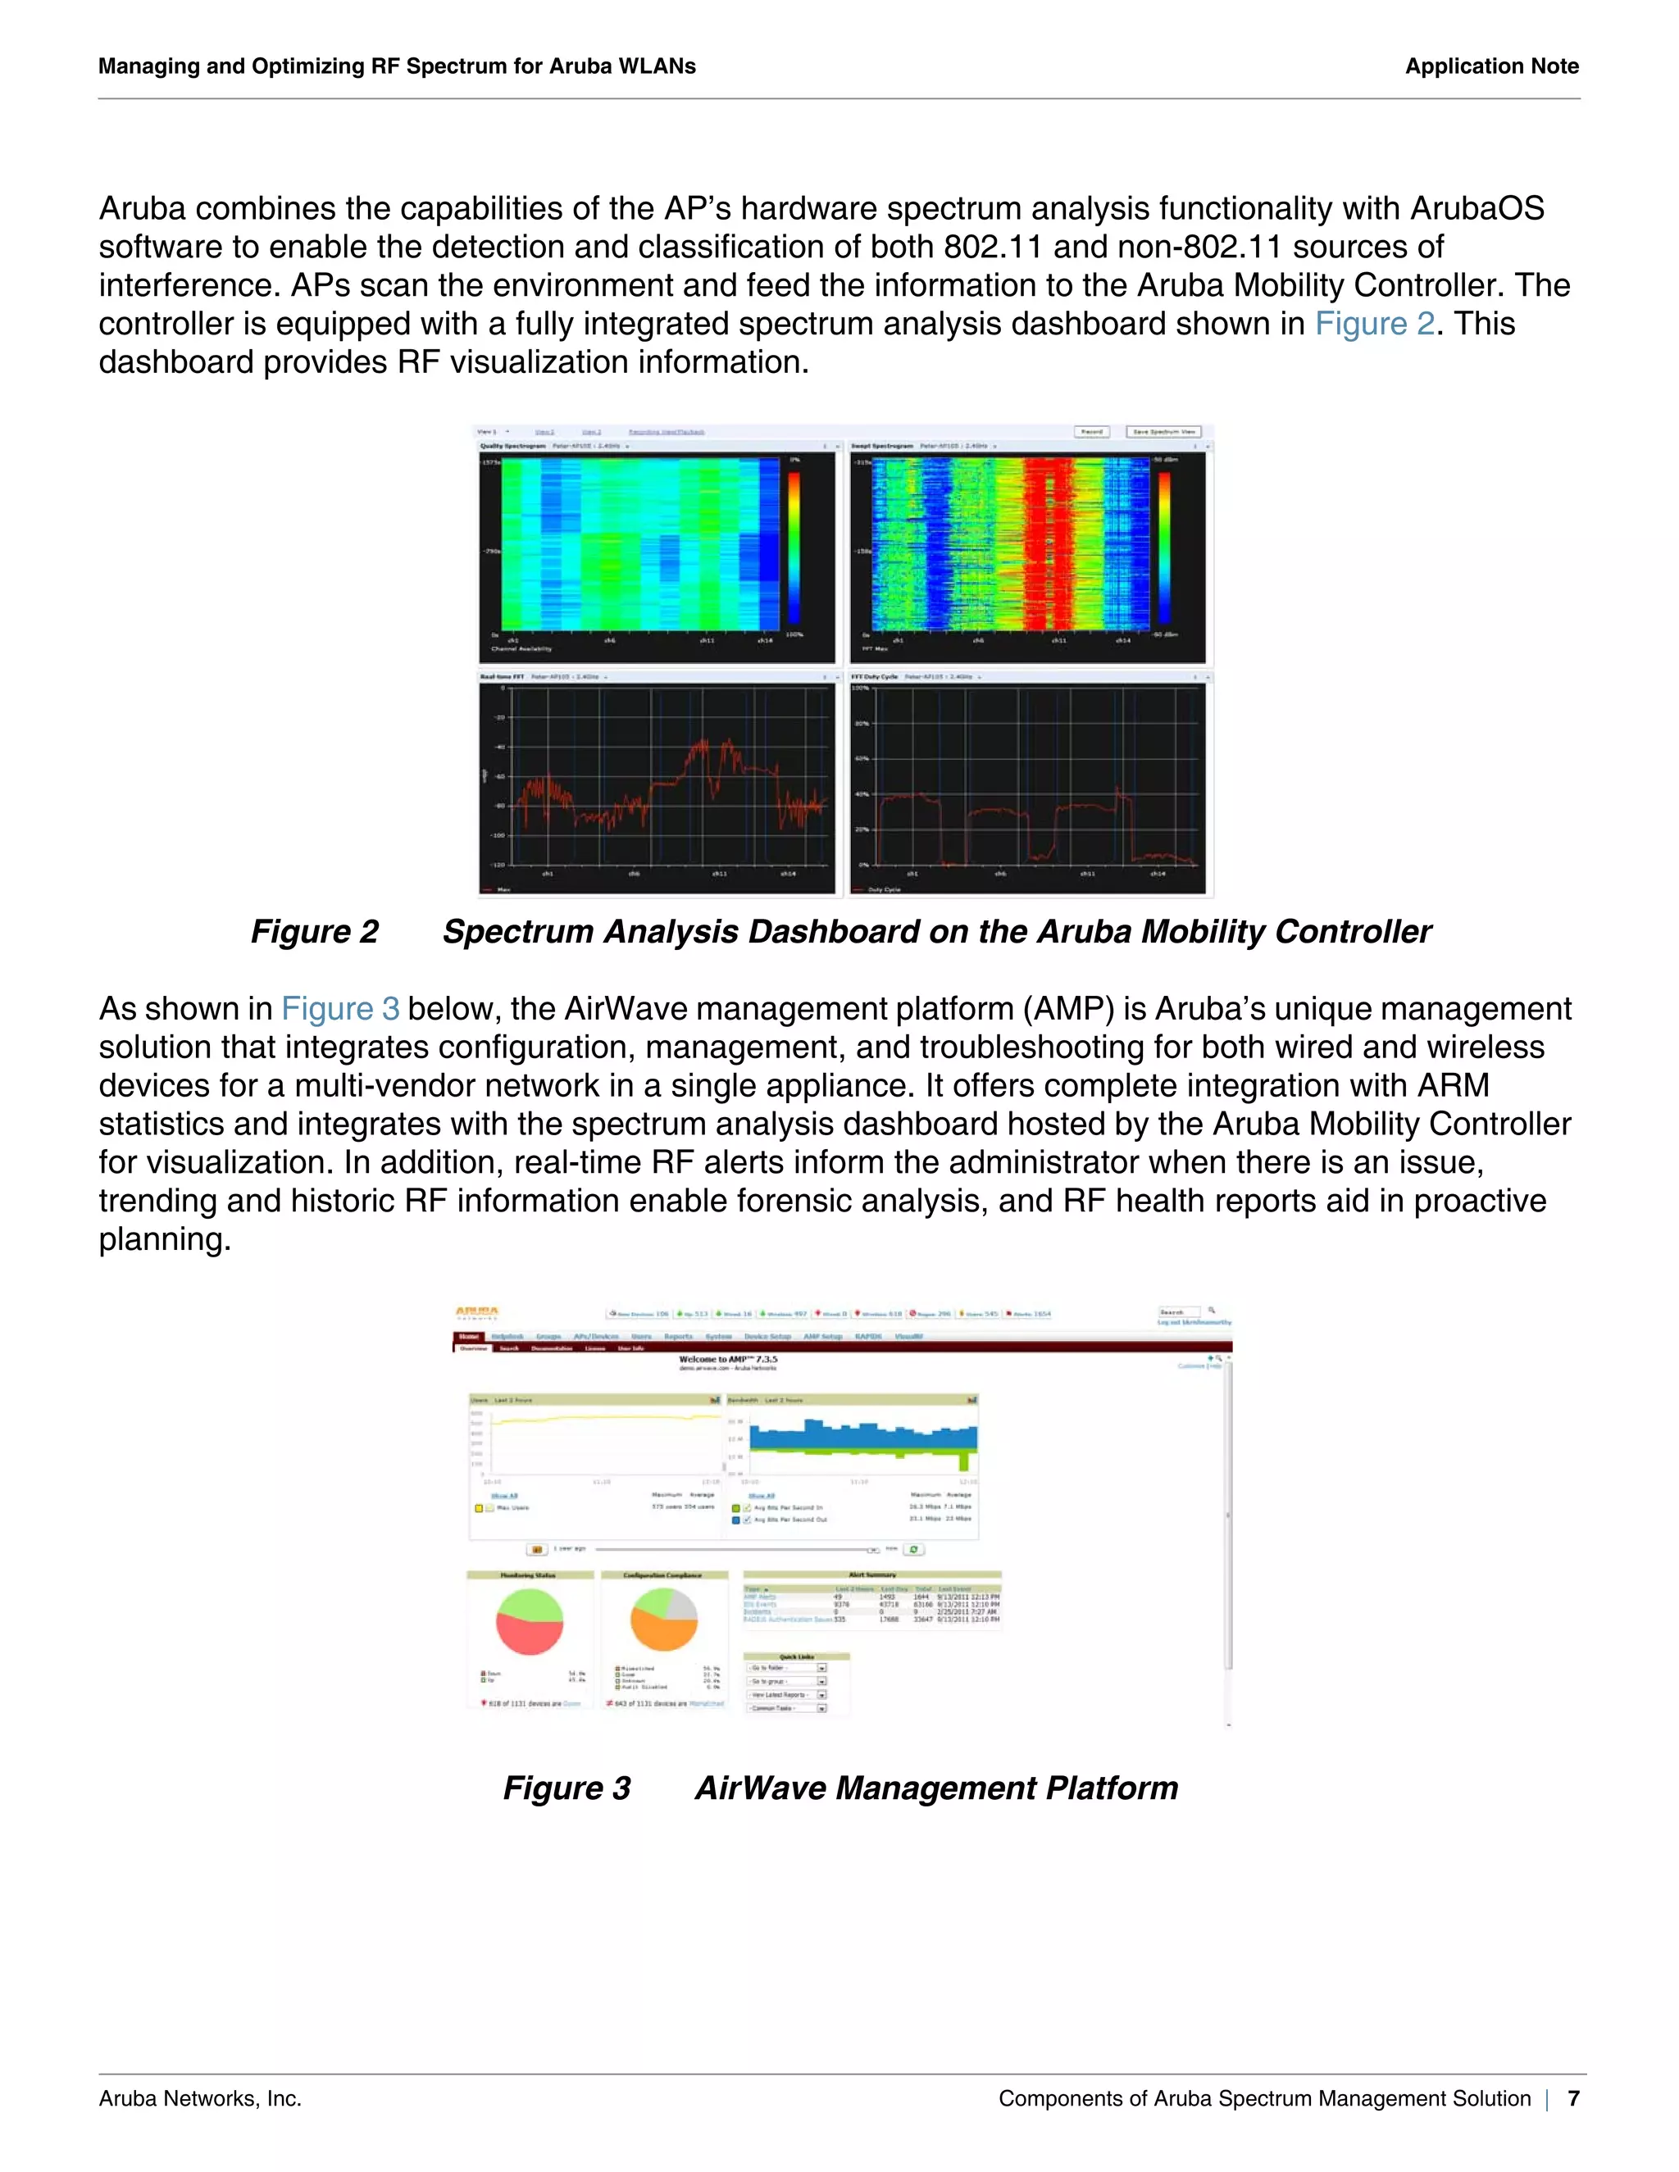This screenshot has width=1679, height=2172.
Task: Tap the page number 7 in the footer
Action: pos(1572,2098)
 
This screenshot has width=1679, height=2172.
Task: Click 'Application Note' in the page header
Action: pos(1491,66)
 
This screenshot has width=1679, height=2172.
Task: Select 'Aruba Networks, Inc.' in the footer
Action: pos(200,2098)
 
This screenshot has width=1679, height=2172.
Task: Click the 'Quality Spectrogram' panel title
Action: pos(513,447)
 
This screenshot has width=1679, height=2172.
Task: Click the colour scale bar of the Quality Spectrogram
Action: pos(794,547)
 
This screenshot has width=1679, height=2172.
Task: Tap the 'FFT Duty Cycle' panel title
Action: pos(873,676)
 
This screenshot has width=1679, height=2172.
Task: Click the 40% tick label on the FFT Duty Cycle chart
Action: pos(862,793)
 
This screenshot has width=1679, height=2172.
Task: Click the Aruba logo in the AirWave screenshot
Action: pos(477,1313)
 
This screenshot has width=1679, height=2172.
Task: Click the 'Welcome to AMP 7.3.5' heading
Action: pos(728,1360)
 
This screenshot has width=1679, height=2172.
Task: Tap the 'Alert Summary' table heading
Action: pos(871,1575)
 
